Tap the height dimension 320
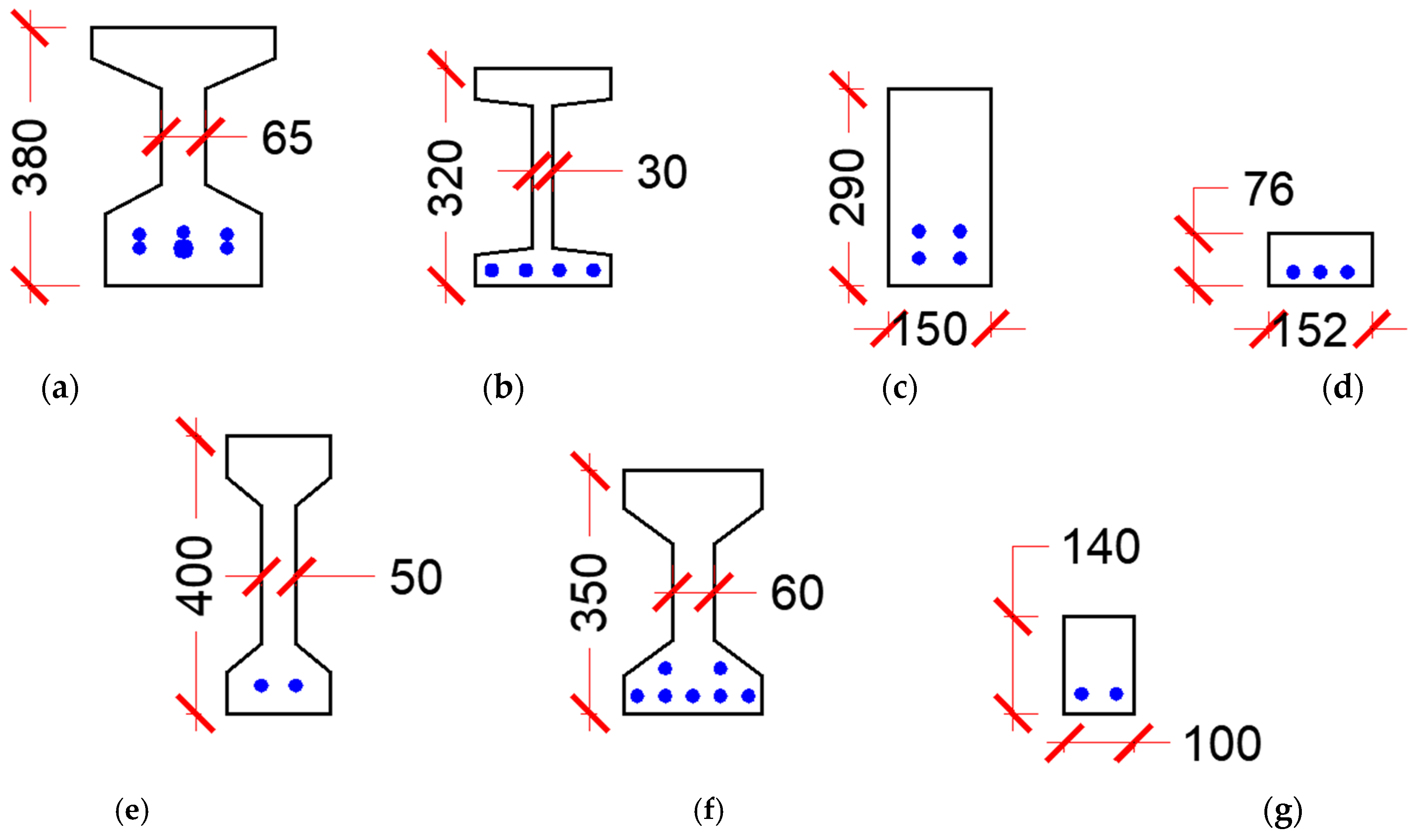tap(446, 178)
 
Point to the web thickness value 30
tap(661, 172)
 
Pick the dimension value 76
tap(1268, 189)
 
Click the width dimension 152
tap(1309, 331)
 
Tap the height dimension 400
tap(194, 575)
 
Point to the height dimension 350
tap(589, 593)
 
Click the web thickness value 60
tap(797, 593)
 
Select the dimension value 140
tap(1101, 547)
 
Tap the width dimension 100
tap(1222, 744)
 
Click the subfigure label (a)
tap(60, 388)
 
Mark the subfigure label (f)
tap(708, 811)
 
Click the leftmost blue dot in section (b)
tap(492, 270)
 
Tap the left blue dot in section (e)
tap(261, 685)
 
